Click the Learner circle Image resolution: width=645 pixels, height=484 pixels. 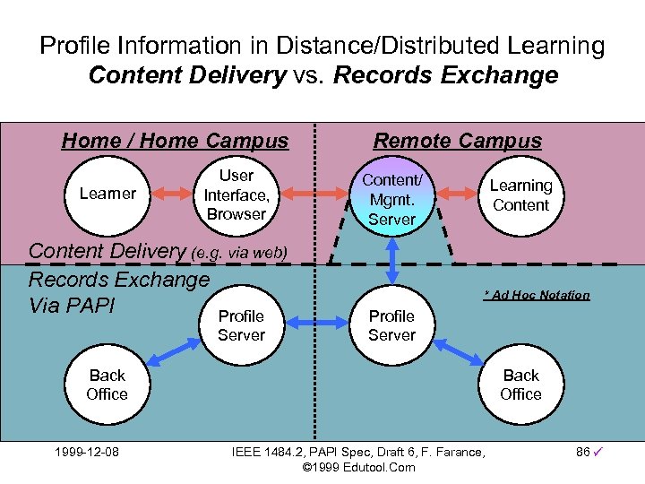107,194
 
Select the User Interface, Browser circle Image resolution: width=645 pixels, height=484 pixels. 236,194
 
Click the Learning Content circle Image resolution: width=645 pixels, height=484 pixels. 520,195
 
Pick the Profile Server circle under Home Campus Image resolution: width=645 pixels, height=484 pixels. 241,325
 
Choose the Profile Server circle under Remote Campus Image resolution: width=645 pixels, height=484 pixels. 392,325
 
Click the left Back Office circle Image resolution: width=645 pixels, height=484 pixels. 107,385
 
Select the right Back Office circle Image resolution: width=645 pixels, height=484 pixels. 520,385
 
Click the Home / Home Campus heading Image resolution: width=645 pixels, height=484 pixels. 175,141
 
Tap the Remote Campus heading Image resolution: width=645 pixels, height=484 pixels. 457,141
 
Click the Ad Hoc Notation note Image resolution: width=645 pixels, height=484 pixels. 537,295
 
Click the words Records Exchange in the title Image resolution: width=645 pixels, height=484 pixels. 445,75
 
